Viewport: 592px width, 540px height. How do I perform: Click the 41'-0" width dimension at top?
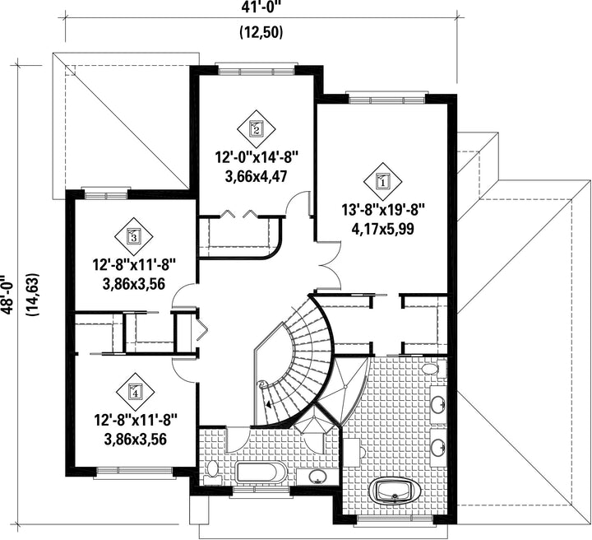261,7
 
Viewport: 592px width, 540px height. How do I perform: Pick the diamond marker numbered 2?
257,129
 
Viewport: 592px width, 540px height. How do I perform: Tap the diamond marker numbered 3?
134,236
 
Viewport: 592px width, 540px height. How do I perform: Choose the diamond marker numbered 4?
135,391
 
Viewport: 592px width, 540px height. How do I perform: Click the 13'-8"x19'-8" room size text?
383,210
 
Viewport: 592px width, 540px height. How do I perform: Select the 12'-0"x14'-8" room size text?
257,157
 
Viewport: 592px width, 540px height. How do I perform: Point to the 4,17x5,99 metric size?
383,229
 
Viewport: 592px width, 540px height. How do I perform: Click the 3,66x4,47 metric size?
257,176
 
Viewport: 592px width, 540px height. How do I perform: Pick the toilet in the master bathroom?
433,368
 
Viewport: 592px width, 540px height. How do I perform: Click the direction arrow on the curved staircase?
269,404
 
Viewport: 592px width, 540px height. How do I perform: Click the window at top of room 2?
257,71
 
